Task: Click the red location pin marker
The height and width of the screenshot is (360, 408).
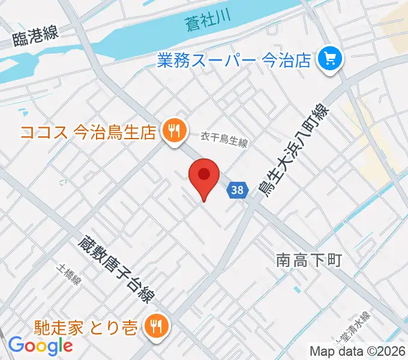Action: [204, 179]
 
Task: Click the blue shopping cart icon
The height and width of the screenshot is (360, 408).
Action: [329, 58]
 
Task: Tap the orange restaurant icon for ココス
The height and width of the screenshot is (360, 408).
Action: [175, 130]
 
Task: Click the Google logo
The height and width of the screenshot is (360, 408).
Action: [40, 346]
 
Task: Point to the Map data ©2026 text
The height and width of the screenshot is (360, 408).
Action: [358, 351]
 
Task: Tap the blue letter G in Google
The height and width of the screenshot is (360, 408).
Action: [16, 346]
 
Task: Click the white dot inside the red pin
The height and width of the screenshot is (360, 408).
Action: [204, 174]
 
